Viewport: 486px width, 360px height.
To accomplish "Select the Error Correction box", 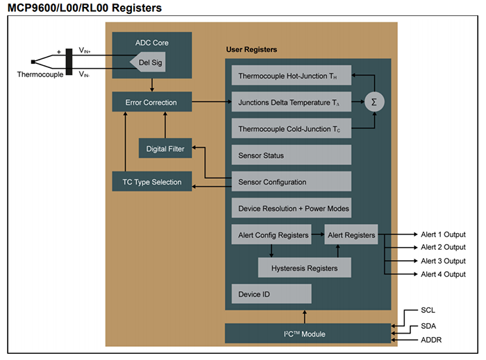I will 151,103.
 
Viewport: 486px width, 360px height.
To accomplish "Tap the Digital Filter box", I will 165,149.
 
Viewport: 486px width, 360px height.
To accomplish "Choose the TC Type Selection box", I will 151,182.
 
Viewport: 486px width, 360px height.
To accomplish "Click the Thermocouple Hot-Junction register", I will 290,76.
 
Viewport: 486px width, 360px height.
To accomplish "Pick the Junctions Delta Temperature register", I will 290,102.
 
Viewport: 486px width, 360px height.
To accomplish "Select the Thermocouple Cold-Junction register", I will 290,128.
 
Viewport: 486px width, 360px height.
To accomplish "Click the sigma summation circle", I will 374,102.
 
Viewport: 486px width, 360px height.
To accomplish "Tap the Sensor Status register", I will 290,155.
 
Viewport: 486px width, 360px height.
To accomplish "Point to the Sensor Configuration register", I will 290,182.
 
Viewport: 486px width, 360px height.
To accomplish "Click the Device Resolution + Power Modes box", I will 290,208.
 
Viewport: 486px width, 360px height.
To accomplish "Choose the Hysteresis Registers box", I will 304,268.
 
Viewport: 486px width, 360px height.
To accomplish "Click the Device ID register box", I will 271,294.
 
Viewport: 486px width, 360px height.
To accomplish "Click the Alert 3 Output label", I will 443,261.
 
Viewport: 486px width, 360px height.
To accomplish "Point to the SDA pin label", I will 429,325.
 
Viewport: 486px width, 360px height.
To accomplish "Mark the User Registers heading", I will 251,50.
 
